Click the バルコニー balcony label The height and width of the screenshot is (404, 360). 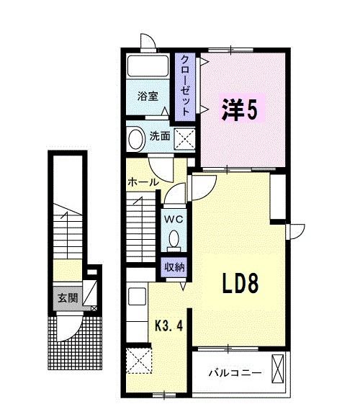tap(235, 372)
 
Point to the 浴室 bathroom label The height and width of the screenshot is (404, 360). tap(148, 95)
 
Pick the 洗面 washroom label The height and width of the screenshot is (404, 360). tap(161, 135)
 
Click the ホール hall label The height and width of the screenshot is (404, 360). tap(143, 182)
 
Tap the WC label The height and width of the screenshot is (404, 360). tap(174, 217)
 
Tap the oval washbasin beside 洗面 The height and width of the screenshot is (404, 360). tap(135, 137)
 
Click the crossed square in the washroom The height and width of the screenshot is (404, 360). tap(185, 137)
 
